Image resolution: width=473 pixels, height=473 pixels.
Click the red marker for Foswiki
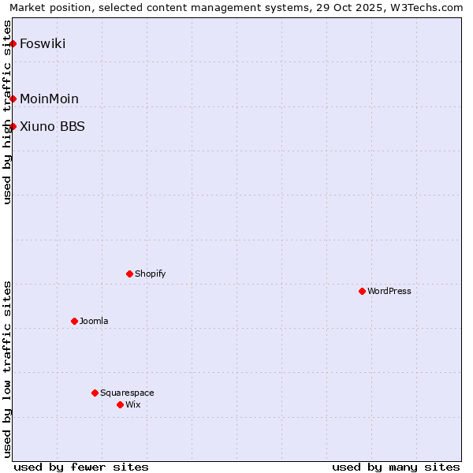(13, 43)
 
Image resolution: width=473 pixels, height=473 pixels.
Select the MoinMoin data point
(13, 99)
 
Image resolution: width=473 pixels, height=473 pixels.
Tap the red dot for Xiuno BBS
(13, 126)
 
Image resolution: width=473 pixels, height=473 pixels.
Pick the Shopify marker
(129, 274)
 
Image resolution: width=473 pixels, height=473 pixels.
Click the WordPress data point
(362, 291)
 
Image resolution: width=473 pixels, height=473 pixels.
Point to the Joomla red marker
(74, 321)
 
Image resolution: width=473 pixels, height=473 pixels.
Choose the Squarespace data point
(95, 393)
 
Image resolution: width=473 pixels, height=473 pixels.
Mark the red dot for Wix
(120, 404)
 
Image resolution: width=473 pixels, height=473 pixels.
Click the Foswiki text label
(43, 43)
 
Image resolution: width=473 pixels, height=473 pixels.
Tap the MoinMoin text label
(49, 99)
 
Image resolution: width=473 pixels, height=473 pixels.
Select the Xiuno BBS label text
(52, 126)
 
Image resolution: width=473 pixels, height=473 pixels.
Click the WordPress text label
(389, 291)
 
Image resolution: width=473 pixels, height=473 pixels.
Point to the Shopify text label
(151, 274)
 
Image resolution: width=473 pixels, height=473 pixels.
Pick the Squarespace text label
(127, 393)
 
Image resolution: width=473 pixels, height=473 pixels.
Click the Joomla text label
(94, 321)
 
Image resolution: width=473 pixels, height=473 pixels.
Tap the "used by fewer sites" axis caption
(81, 467)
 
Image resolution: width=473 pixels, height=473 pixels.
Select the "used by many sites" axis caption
(396, 467)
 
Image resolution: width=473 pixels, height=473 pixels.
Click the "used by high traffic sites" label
(7, 112)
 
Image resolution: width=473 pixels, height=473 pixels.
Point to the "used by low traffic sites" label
(7, 368)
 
